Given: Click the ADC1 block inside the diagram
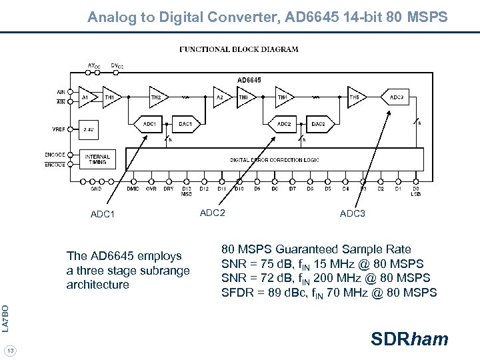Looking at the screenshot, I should tap(149, 124).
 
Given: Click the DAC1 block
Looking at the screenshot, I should tap(185, 124).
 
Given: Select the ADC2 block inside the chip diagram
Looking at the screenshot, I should tap(283, 124).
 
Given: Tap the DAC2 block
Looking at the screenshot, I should tap(318, 124).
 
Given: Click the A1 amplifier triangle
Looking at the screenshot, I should tap(86, 97).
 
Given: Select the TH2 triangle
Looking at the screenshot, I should tap(157, 97).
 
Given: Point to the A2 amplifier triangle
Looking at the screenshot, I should tap(220, 97).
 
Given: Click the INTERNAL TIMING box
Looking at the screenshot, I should tap(97, 159).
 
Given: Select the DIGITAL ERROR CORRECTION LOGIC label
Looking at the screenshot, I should tap(275, 160).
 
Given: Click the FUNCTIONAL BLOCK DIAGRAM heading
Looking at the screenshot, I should tap(239, 49).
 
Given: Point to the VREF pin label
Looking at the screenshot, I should tap(58, 129).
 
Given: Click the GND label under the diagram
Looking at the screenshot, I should tap(96, 189).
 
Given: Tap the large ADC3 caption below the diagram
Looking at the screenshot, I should tap(352, 214).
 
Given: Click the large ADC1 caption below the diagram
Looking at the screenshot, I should tap(103, 215).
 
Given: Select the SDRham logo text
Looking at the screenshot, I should tap(409, 339).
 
